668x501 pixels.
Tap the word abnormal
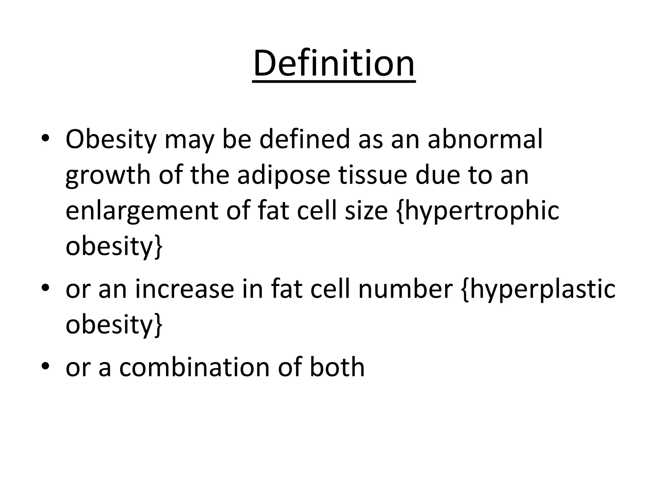(x=485, y=140)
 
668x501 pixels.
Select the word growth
(x=108, y=175)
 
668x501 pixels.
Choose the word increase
(x=185, y=289)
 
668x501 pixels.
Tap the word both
(x=337, y=367)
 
